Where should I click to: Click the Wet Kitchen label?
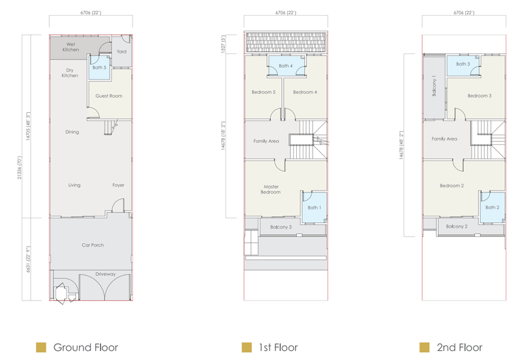coord(70,47)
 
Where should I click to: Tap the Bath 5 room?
coord(100,68)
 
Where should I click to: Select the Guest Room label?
coord(109,96)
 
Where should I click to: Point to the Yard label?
coord(121,52)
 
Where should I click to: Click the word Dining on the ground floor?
coord(72,132)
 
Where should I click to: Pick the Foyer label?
coord(118,185)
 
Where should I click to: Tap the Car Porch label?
coord(93,245)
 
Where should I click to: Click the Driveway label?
coord(106,274)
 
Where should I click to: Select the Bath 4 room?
coord(286,66)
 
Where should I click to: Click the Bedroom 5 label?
coord(264,92)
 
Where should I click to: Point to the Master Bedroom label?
coord(271,189)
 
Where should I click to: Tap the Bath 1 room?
coord(315,207)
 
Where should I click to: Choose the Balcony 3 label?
coord(281,227)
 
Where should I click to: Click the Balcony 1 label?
coord(434,85)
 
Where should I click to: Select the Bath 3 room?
coord(463,65)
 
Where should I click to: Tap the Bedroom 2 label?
coord(452,186)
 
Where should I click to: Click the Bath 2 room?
coord(493,207)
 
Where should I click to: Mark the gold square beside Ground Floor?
coord(41,348)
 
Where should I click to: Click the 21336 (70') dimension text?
coord(20,168)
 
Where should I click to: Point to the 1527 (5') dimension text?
coord(223,44)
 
